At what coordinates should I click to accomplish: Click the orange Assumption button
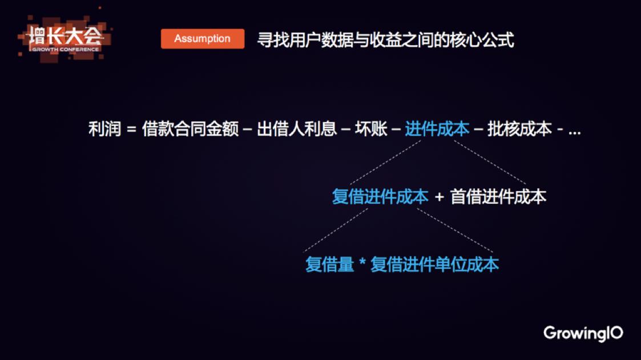203,39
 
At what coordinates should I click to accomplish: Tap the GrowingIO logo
583,333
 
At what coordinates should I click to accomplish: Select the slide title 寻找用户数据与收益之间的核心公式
385,40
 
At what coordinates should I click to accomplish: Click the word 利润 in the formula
104,129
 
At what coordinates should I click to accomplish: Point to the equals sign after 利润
131,130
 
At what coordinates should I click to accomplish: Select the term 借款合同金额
190,129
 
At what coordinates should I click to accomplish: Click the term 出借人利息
297,129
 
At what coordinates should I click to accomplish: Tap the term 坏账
371,129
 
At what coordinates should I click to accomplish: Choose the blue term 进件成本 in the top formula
437,129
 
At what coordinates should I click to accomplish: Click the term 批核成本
519,129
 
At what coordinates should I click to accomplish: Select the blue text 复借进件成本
380,197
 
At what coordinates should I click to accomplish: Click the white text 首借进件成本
498,197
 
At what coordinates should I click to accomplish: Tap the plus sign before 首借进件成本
440,197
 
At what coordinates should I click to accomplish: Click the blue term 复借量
329,264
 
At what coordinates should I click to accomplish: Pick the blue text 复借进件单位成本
434,264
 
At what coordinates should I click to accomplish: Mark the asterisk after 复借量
362,261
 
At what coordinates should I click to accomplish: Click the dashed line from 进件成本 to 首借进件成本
490,163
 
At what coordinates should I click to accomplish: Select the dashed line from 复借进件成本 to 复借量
336,230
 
